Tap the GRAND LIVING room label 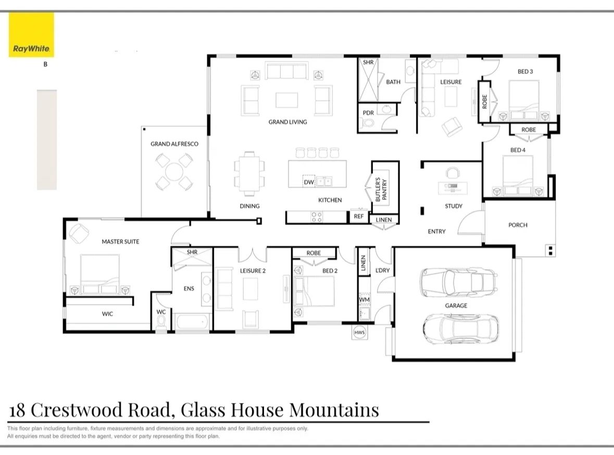click(287, 122)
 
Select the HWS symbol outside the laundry click(359, 332)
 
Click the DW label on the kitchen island click(308, 182)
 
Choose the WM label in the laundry click(364, 300)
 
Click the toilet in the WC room click(161, 324)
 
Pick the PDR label click(368, 112)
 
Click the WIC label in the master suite click(107, 314)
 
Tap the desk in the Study click(453, 186)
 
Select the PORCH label click(518, 225)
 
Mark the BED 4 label click(518, 150)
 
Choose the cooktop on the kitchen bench click(317, 217)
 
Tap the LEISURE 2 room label click(253, 270)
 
